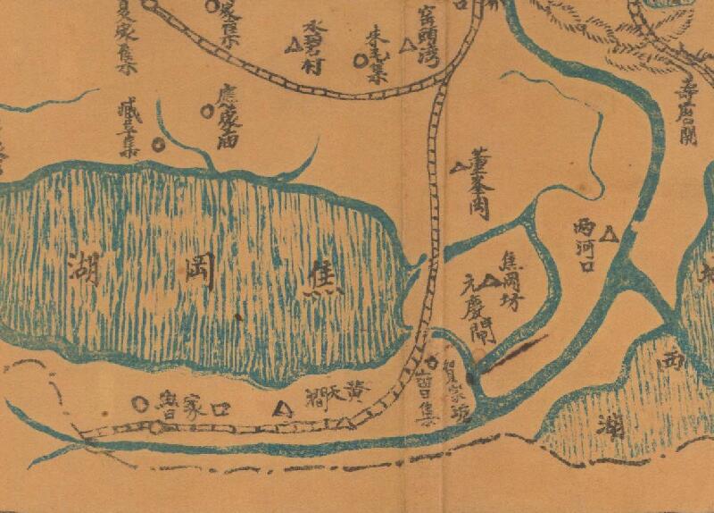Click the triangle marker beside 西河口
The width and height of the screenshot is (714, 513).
[x=610, y=235]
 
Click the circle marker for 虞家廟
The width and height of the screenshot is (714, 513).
[x=208, y=112]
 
